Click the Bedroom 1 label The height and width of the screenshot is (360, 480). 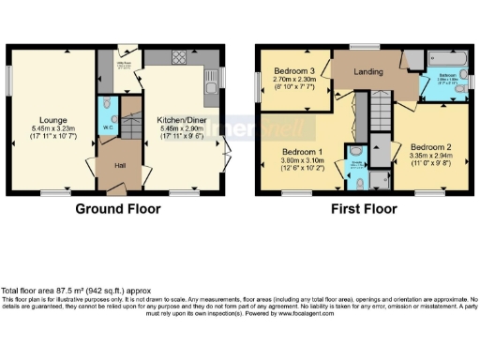tap(304, 152)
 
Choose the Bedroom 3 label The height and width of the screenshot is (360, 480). tap(292, 70)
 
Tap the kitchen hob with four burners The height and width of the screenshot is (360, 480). tap(179, 58)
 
